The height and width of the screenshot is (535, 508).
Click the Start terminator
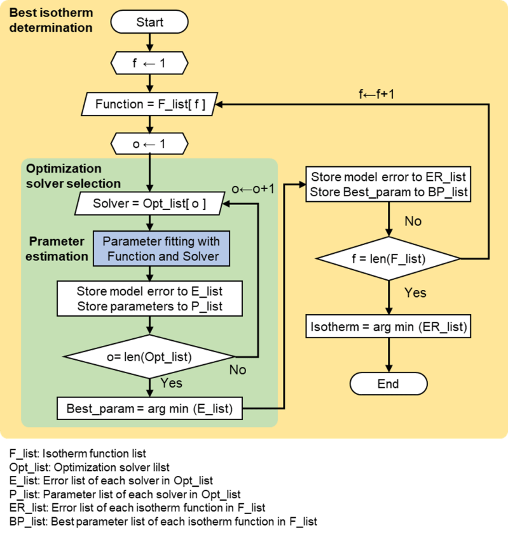(149, 23)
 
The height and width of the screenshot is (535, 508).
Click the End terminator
(388, 383)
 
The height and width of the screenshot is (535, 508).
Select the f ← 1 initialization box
(149, 63)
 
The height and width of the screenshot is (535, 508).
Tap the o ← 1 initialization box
(149, 144)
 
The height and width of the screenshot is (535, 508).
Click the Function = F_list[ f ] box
(149, 103)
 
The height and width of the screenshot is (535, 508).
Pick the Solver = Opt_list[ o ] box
(149, 204)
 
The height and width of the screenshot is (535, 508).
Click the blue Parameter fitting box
(161, 249)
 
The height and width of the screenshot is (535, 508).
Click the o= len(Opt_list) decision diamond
(149, 356)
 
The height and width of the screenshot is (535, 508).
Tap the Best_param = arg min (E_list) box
(149, 409)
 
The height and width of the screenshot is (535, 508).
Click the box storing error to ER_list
(388, 185)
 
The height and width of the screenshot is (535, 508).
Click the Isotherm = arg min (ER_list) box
(388, 328)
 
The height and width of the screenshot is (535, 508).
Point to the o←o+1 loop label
(252, 190)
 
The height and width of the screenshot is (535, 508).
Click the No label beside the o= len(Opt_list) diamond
(237, 369)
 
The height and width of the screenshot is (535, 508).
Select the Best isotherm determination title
(51, 20)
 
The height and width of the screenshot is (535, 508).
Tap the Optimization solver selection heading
(72, 176)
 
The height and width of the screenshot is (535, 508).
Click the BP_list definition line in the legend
(163, 522)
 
